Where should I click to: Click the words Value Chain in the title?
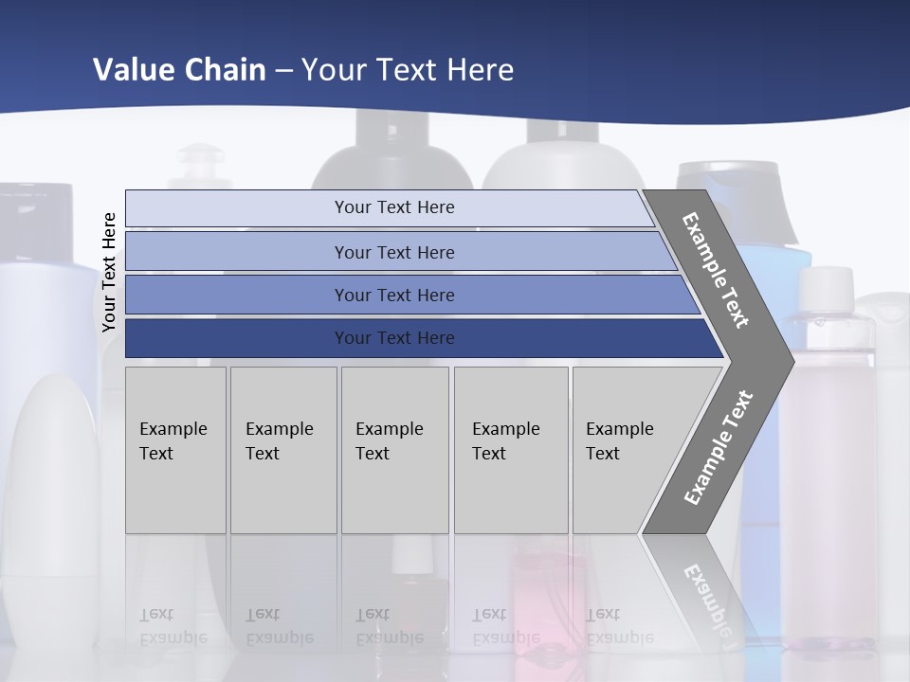(x=179, y=69)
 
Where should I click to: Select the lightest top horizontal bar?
(x=237, y=208)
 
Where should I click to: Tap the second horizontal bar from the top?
(x=237, y=252)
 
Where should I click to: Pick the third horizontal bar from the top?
(x=237, y=295)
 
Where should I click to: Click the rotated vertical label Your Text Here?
(x=109, y=272)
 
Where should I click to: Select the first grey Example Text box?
(x=175, y=493)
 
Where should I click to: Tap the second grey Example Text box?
(x=283, y=493)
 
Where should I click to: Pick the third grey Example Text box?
(x=394, y=493)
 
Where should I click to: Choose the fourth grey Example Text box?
(x=511, y=493)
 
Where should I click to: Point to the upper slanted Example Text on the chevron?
(x=716, y=270)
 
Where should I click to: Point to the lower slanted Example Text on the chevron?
(x=718, y=447)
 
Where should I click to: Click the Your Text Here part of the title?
(x=408, y=69)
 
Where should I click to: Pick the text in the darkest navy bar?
(x=394, y=338)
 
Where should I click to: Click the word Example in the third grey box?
(x=389, y=429)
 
